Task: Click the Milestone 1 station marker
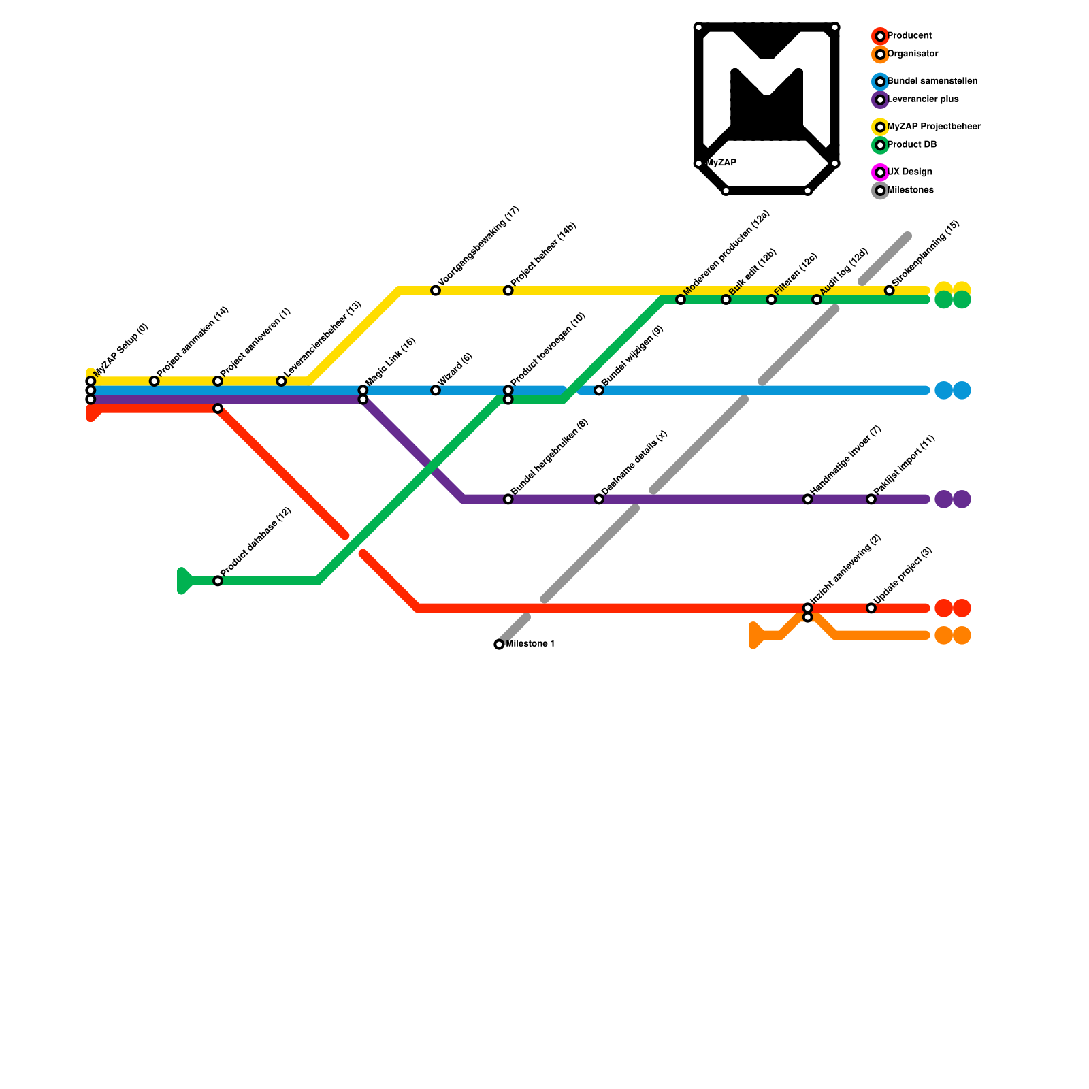(499, 644)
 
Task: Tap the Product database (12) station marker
(218, 581)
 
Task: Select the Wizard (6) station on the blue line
(436, 390)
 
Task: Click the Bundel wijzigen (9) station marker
(599, 390)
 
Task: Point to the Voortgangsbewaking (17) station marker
(436, 291)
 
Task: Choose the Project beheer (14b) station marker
(508, 291)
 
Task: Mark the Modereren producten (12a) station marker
(681, 299)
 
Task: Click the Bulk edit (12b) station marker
(726, 299)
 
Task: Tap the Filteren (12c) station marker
(771, 299)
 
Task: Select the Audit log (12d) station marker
(817, 299)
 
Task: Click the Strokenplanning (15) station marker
(889, 291)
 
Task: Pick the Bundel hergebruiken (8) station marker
(508, 499)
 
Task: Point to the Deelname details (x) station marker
(599, 499)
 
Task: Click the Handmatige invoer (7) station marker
(807, 499)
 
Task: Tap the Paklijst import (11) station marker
(871, 499)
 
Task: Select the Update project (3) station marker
(871, 608)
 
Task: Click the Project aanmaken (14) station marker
(155, 381)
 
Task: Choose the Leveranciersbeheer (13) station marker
(281, 381)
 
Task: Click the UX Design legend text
(910, 172)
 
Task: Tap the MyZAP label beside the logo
(722, 163)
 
